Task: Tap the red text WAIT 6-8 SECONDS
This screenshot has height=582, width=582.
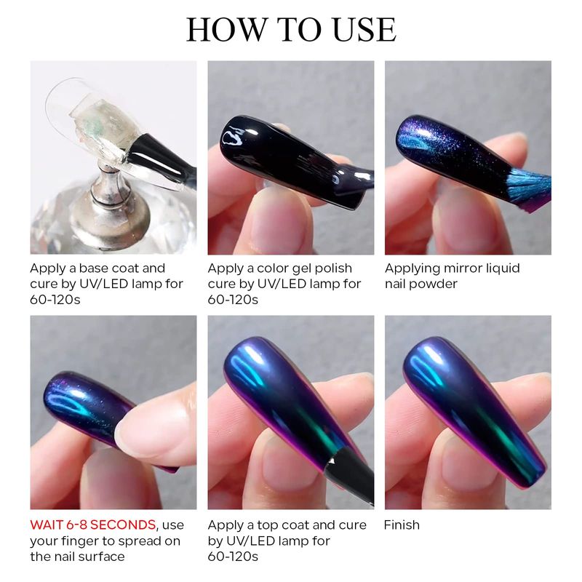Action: click(93, 525)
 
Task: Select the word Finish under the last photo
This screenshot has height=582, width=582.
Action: click(402, 525)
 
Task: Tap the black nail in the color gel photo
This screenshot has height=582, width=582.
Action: click(293, 159)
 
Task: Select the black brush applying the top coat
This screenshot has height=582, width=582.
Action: click(349, 474)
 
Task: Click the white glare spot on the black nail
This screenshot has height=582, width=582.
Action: click(232, 137)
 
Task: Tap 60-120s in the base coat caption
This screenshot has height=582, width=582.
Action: click(55, 300)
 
